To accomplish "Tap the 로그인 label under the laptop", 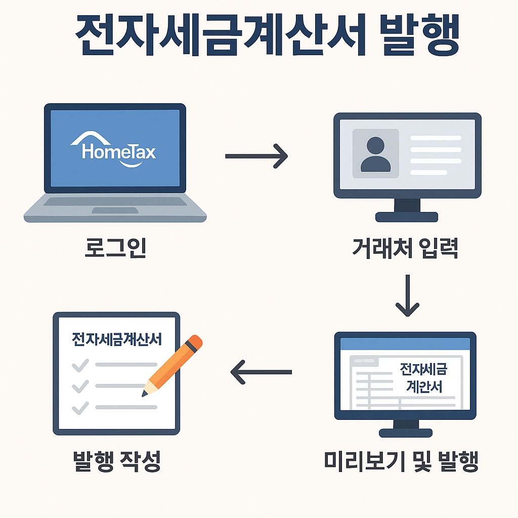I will tap(114, 248).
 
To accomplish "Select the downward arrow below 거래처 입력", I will tap(407, 295).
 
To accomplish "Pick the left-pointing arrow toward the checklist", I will tap(261, 372).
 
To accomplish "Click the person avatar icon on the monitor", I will tap(375, 153).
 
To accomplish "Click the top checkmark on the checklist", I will tap(80, 365).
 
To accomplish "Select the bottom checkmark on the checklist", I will tap(80, 407).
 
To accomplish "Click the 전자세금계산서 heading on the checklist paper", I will tap(117, 338).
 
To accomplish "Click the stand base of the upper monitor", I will tap(407, 217).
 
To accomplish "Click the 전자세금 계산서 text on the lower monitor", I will tap(424, 377).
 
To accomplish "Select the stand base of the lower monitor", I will tap(406, 433).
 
